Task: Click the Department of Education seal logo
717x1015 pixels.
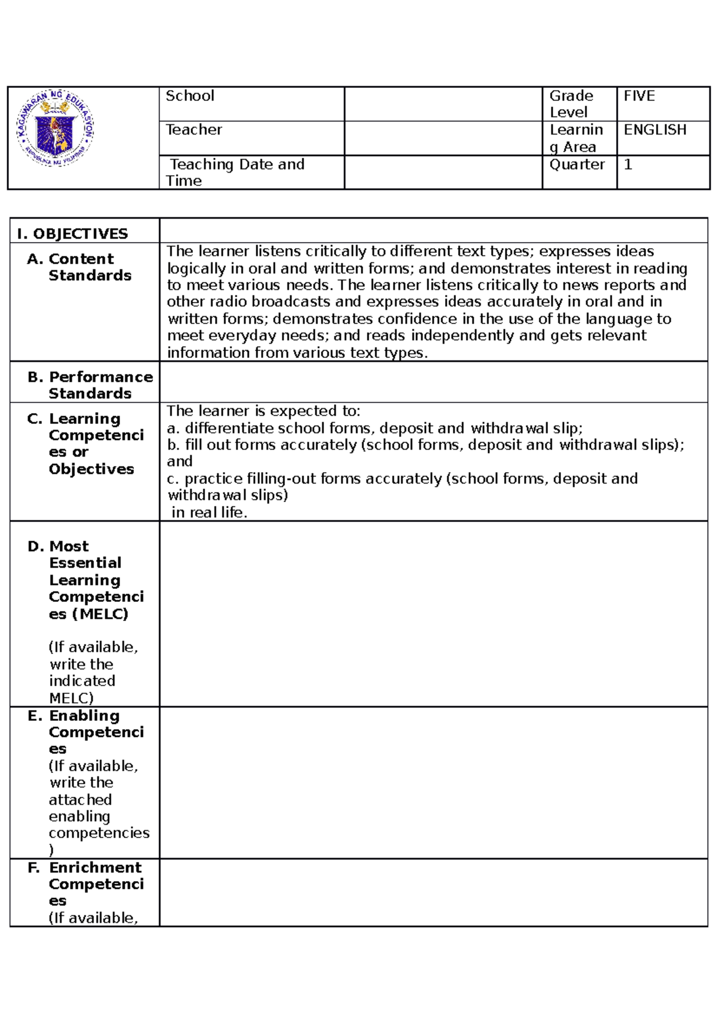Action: click(55, 129)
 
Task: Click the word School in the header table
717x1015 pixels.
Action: click(189, 96)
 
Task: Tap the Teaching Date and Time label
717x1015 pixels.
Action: click(237, 172)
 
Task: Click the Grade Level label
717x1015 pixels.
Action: click(571, 104)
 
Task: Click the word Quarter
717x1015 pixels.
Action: click(577, 164)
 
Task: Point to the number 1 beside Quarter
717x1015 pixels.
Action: click(628, 164)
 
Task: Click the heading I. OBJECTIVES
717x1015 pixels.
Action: click(72, 234)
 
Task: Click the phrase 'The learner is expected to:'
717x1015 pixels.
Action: click(263, 411)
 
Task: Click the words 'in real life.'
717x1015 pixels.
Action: click(209, 512)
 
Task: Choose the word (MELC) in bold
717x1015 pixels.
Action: click(100, 614)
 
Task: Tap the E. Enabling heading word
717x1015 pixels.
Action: click(84, 716)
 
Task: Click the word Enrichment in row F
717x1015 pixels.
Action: click(95, 867)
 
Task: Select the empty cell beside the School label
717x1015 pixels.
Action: click(443, 104)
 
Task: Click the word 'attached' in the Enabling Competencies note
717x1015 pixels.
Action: click(80, 800)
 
